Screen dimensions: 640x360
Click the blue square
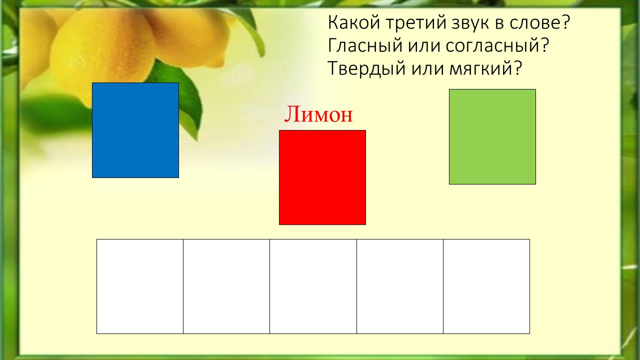tap(135, 130)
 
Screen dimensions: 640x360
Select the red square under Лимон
tap(322, 177)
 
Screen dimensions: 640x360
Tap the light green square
tap(492, 136)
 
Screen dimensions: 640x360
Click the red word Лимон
tap(318, 114)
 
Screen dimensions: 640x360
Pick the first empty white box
tap(140, 286)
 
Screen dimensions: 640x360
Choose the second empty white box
tap(226, 286)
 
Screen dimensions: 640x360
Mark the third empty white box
tap(313, 286)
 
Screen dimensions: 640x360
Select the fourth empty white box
tap(400, 286)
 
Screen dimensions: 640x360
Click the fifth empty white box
tap(486, 286)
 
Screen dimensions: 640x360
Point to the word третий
tap(415, 22)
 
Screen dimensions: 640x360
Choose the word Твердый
tap(367, 68)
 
